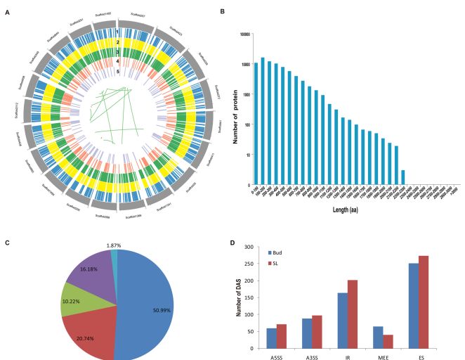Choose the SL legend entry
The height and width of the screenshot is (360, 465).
pos(282,261)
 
